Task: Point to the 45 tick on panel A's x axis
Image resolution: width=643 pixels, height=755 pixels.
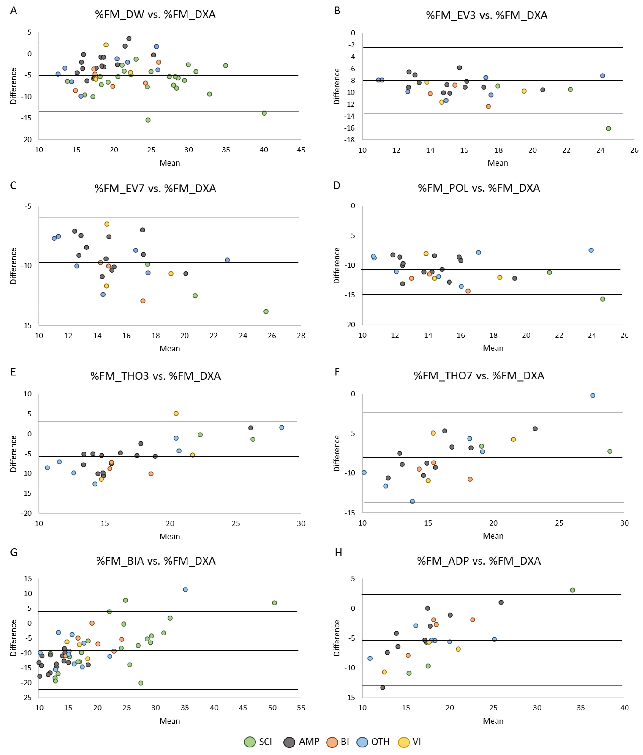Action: point(301,150)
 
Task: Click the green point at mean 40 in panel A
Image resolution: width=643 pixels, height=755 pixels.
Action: point(264,113)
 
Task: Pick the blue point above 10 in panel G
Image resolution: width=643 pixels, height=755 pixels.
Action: point(185,589)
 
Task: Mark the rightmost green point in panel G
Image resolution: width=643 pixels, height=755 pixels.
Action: point(274,603)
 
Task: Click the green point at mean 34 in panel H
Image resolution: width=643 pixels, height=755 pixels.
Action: point(572,590)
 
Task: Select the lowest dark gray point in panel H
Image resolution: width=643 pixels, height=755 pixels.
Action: point(382,688)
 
